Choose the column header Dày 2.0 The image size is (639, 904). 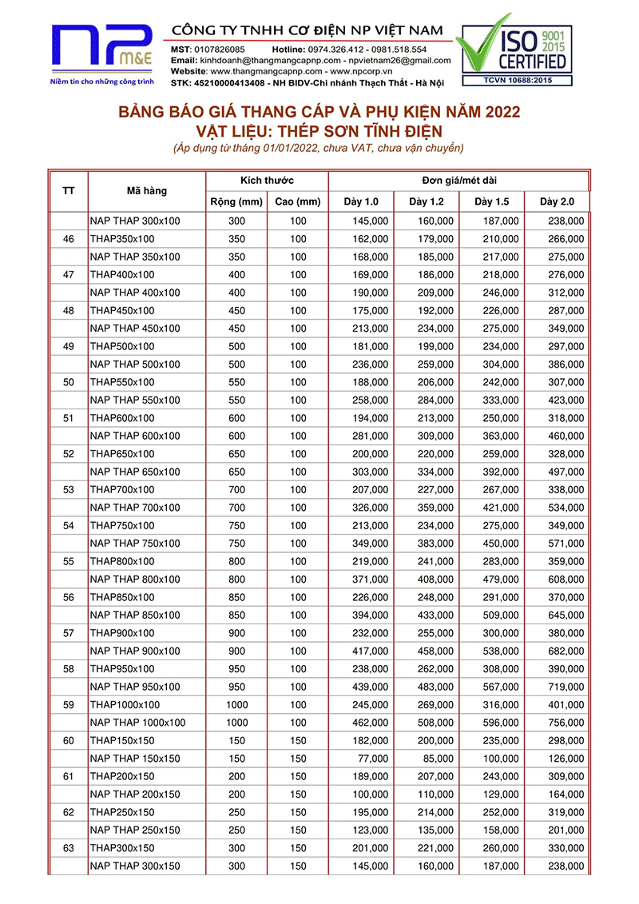(x=556, y=201)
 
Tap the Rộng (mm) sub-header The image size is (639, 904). (x=236, y=201)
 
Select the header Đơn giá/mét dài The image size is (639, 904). (x=459, y=180)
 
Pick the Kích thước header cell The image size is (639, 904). (x=267, y=180)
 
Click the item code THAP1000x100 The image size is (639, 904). (x=125, y=705)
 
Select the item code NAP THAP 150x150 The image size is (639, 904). (x=135, y=759)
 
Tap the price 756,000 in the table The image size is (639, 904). (x=566, y=723)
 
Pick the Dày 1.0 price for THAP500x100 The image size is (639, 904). (x=371, y=346)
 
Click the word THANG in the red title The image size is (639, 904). (x=295, y=112)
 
